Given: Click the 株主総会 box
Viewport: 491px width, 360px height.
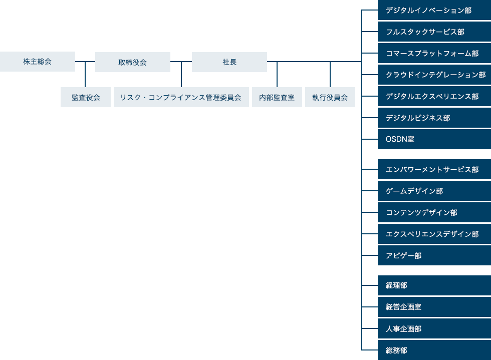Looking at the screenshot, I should click(38, 62).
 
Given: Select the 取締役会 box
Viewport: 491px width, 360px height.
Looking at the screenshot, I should click(133, 62).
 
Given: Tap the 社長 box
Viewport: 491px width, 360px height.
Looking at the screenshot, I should click(229, 62).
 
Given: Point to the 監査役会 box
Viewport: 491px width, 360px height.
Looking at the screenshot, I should click(86, 97).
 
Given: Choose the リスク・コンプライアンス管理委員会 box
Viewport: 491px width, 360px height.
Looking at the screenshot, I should click(181, 97).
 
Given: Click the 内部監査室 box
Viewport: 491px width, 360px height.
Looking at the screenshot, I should click(277, 97).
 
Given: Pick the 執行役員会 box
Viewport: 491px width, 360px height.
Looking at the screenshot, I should click(330, 97).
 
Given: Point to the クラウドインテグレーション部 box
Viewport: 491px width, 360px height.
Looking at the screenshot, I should click(434, 75).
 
